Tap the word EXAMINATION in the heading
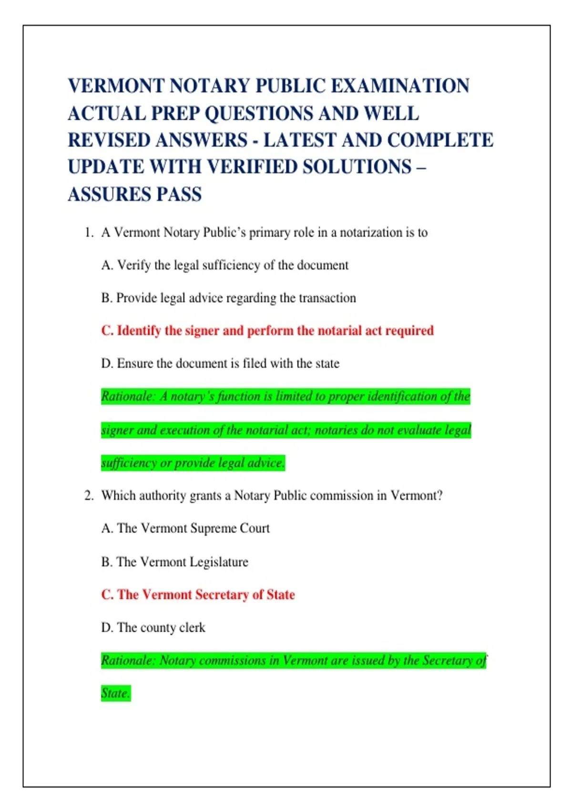(400, 86)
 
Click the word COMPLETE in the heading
(440, 140)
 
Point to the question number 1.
(88, 233)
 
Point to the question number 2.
(88, 496)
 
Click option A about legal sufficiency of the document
(225, 265)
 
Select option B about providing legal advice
(228, 298)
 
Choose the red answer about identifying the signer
(267, 331)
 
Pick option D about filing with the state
(220, 364)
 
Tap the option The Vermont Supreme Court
(185, 529)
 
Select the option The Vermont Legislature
(174, 562)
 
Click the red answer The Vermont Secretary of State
(198, 595)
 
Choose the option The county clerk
(153, 628)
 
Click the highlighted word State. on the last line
(115, 693)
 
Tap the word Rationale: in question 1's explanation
(128, 397)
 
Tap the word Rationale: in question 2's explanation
(128, 661)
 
